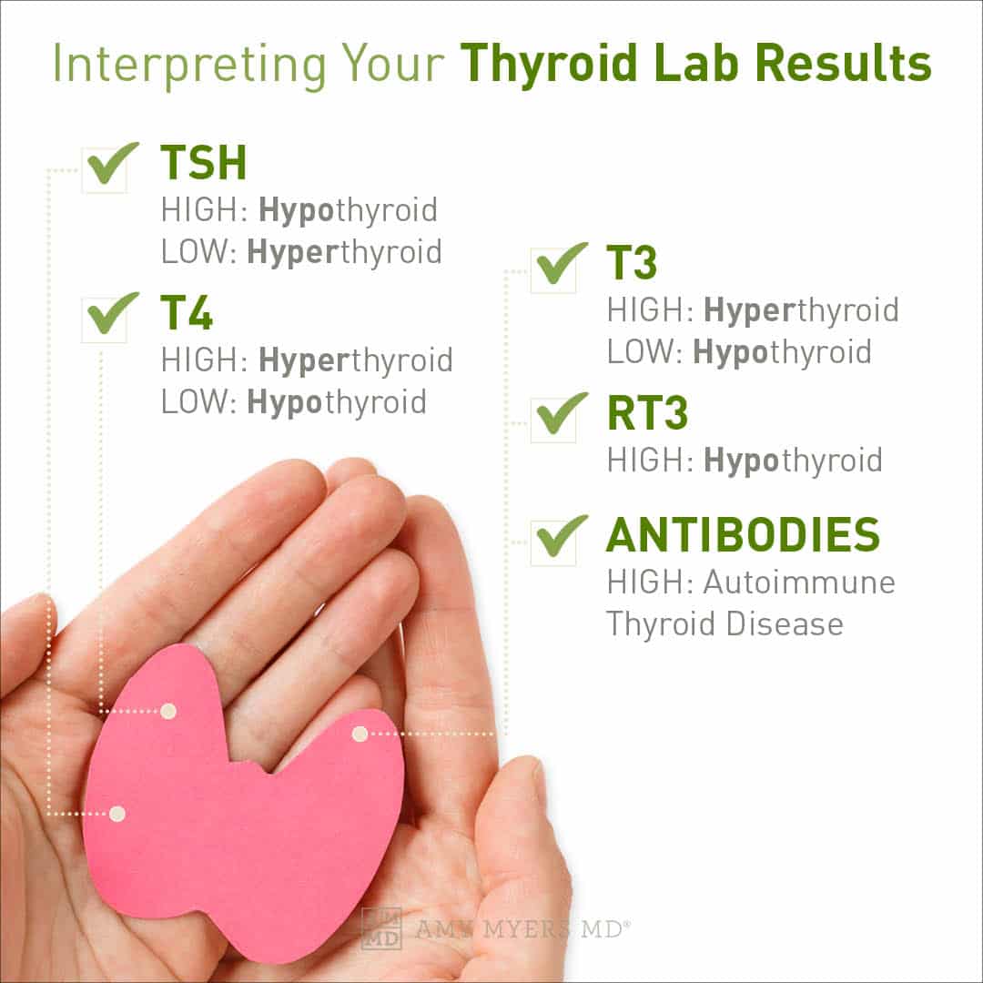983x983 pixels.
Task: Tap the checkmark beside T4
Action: coord(109,316)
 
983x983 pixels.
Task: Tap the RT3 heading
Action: coord(647,415)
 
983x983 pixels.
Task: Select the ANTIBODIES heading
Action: coord(743,535)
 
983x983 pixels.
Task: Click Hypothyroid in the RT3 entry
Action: coord(793,461)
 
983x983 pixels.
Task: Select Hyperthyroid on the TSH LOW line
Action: coord(344,252)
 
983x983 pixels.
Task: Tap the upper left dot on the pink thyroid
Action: coord(168,711)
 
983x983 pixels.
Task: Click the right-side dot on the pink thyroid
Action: coord(360,734)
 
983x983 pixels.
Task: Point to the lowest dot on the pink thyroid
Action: coord(117,814)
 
